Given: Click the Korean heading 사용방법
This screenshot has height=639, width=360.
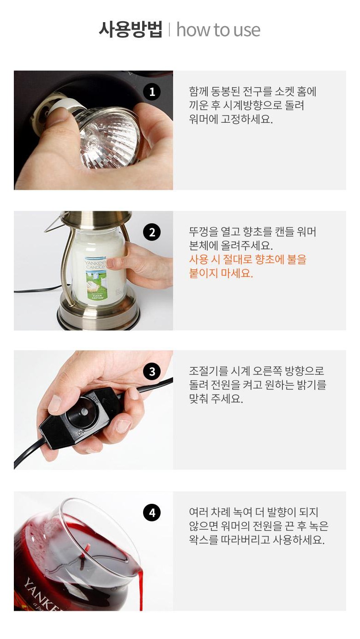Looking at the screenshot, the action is tap(130, 30).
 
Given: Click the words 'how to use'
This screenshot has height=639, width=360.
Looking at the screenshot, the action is tap(218, 30).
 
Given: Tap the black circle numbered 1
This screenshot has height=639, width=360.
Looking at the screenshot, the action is tap(152, 92).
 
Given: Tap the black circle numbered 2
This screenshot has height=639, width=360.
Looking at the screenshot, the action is tap(152, 232).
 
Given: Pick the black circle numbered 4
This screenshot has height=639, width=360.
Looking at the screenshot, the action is tap(152, 513).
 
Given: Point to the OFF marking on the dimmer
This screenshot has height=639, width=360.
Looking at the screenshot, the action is tap(95, 400).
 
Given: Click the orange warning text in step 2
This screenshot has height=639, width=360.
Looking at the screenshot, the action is tap(247, 266).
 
